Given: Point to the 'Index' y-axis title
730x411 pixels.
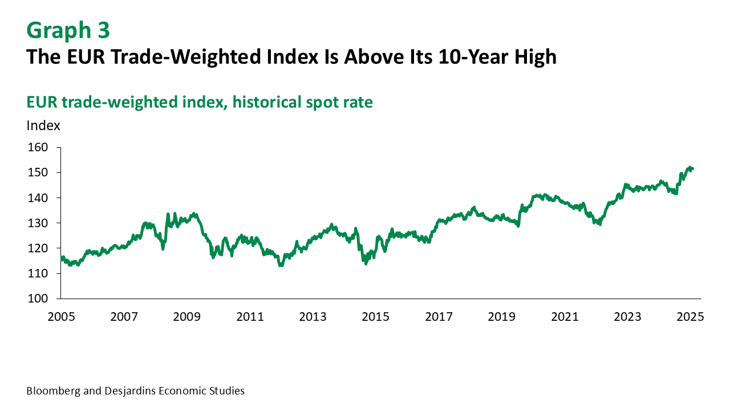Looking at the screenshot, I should pos(43,126).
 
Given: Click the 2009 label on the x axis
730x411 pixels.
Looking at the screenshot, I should pos(188,317).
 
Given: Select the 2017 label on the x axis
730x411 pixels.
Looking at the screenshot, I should pos(439,317).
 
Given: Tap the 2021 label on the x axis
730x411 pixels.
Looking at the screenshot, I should pos(565,317).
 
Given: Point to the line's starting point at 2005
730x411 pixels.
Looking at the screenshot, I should pos(61,258).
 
